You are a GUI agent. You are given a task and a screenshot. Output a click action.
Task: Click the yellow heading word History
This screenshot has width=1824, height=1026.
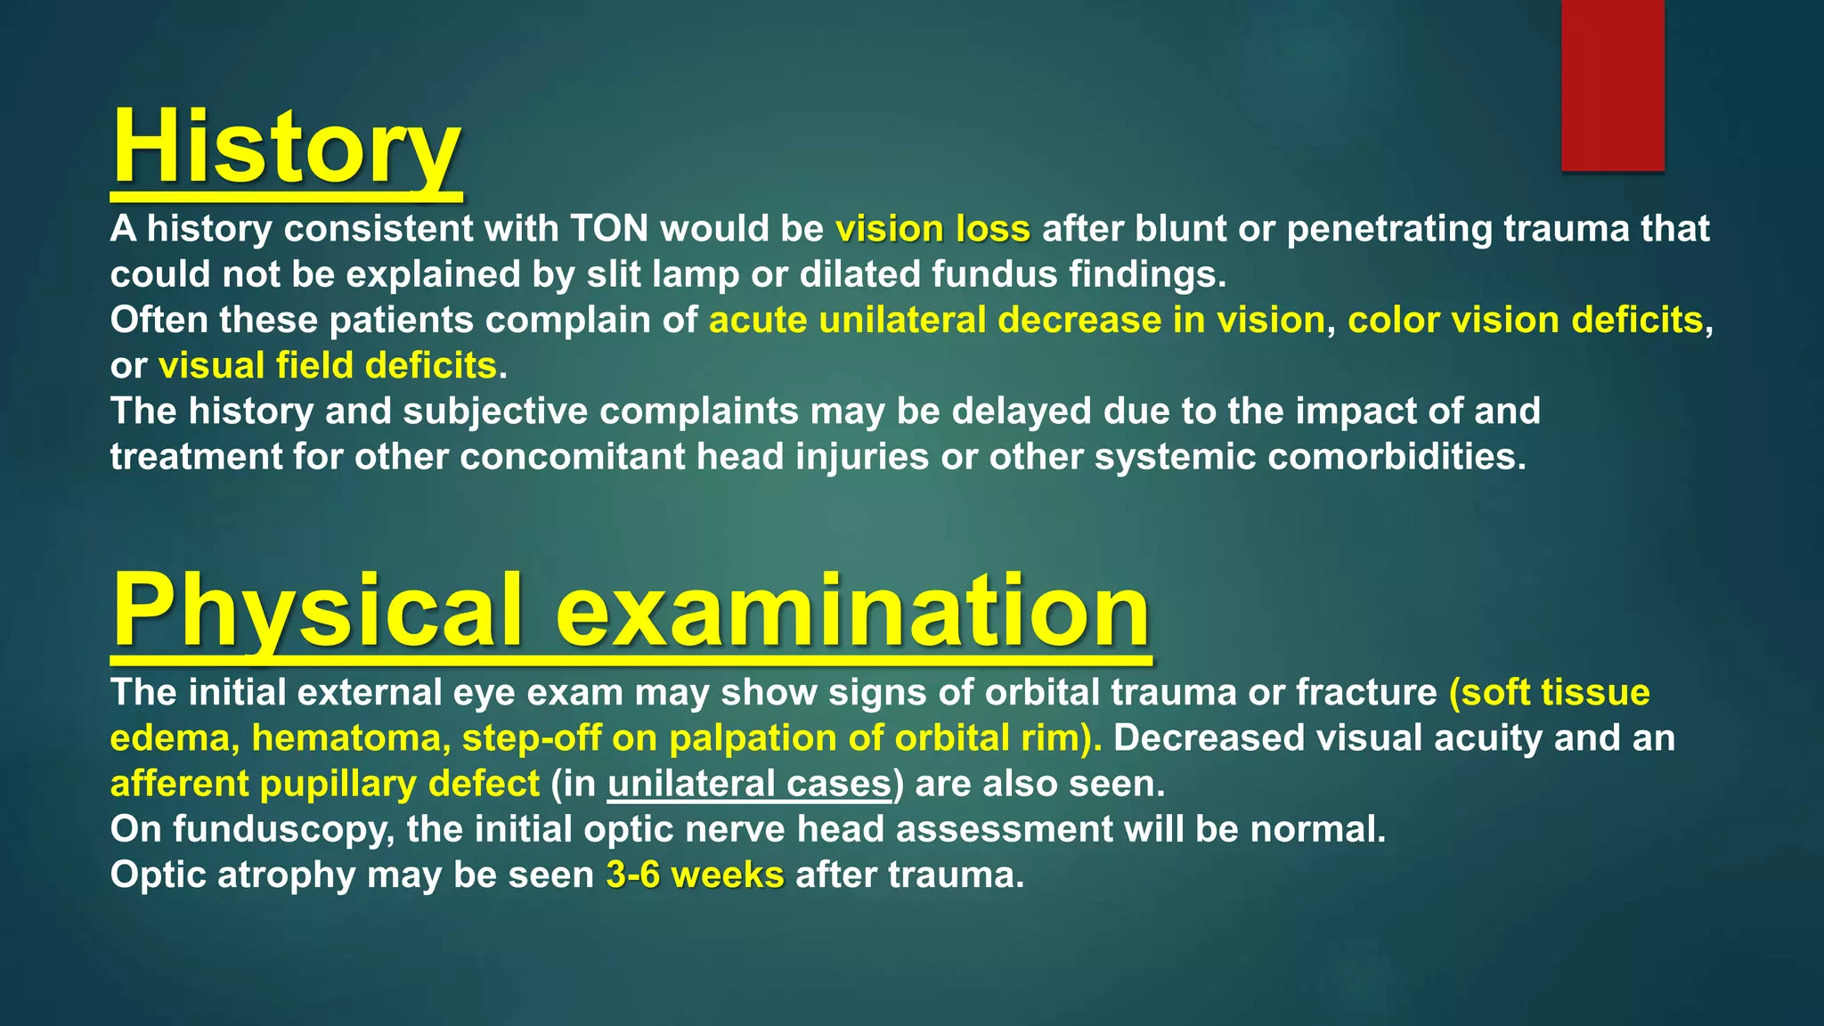286,148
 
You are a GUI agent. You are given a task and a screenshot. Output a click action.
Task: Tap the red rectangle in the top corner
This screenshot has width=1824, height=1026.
1612,85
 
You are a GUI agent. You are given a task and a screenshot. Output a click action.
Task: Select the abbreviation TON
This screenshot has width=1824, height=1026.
609,229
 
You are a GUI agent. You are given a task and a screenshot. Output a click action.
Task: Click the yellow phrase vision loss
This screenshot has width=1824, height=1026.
932,229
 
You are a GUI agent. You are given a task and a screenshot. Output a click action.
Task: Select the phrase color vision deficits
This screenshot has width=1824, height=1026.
1525,320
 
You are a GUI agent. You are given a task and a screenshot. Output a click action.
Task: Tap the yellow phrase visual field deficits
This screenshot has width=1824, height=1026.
328,365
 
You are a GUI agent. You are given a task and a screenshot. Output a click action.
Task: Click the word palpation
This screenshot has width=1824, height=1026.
776,738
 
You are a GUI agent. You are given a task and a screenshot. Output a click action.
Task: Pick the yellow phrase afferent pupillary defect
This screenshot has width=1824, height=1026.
324,784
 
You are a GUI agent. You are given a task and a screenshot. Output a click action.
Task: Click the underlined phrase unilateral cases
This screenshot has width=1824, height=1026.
749,784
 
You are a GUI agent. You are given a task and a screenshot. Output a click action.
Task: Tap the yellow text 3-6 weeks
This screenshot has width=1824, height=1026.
695,875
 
